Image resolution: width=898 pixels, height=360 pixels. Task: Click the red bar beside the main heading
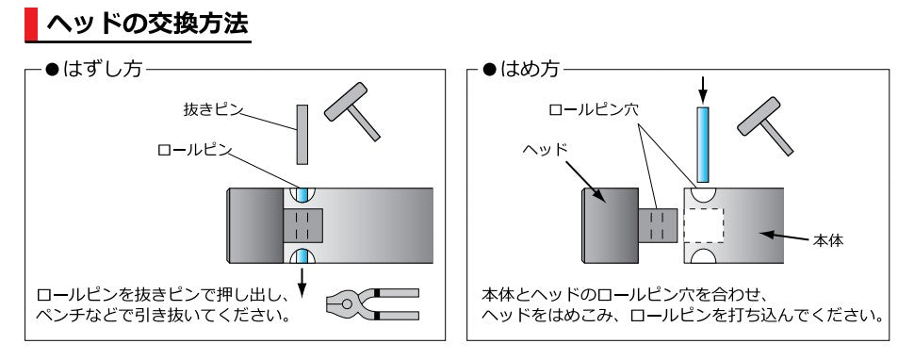tap(31, 24)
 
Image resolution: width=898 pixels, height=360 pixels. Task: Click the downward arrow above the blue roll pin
tap(701, 90)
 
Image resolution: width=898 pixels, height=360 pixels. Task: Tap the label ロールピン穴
tap(595, 109)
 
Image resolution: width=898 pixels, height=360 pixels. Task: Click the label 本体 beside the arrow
tap(827, 240)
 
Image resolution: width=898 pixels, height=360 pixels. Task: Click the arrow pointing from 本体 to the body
tap(783, 235)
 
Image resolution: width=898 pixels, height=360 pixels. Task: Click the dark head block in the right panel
tap(608, 223)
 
